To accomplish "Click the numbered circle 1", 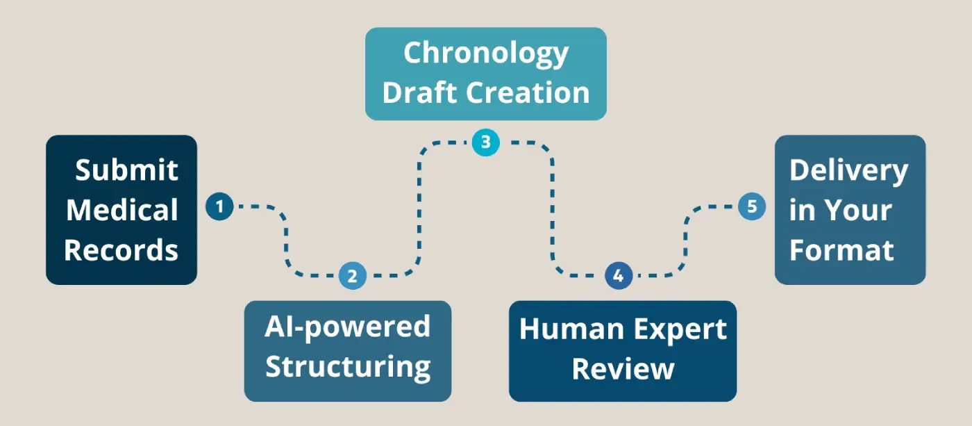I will [219, 206].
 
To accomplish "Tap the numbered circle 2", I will [352, 276].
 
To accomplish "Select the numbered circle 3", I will [485, 142].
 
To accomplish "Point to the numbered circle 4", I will [619, 276].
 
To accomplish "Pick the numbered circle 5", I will [751, 206].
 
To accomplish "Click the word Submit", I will [126, 170].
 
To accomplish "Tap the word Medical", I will [121, 210].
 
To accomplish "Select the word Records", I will [121, 250].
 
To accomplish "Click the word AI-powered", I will [347, 327].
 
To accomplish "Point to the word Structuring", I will [347, 366].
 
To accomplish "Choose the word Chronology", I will [486, 54].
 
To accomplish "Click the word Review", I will [623, 368].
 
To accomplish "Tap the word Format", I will [841, 250].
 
